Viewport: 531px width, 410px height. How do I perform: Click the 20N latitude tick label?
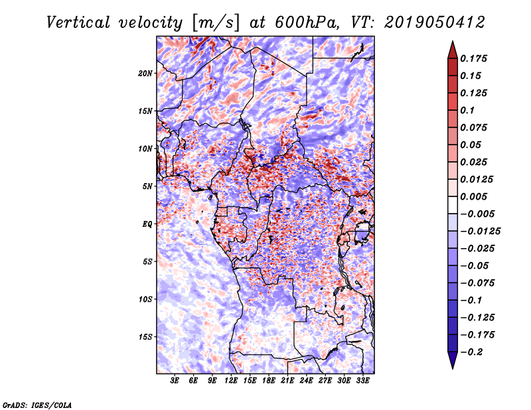coord(145,73)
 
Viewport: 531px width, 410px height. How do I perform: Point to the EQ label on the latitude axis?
coord(147,224)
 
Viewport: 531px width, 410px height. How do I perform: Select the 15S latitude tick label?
coord(145,337)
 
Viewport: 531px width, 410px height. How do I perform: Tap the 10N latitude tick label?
coord(145,149)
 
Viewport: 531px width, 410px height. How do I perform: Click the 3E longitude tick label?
coord(175,381)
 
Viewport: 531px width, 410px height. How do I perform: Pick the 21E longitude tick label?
coord(287,381)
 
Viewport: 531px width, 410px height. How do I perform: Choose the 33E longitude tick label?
coord(363,381)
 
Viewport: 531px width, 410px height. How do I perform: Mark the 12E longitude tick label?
coord(231,381)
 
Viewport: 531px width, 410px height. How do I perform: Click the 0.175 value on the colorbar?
coord(475,58)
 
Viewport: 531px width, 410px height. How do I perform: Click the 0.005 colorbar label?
coord(475,197)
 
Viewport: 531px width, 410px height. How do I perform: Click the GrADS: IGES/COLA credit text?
coord(37,404)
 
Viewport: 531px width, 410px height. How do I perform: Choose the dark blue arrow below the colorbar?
coord(452,360)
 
